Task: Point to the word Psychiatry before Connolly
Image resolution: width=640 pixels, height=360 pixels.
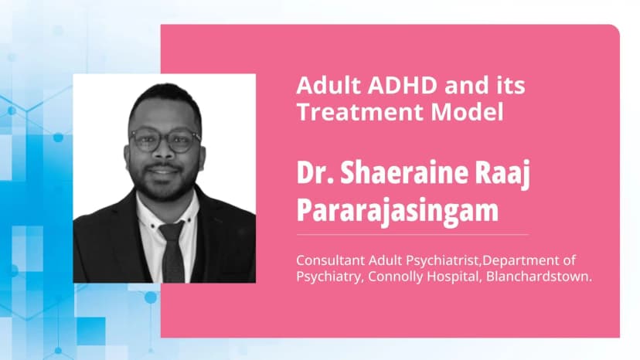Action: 328,276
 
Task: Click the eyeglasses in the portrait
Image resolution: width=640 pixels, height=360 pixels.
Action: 165,140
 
